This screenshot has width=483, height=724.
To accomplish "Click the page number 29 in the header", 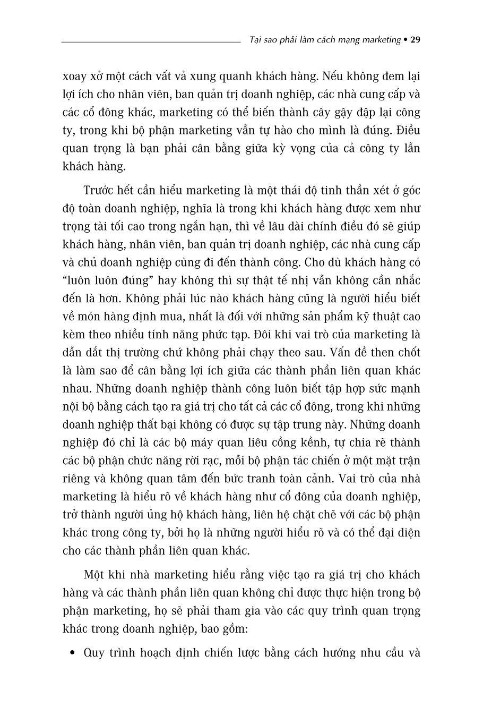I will pos(416,40).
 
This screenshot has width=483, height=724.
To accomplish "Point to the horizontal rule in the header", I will pos(151,41).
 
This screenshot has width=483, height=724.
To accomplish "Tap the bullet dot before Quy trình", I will pos(72,653).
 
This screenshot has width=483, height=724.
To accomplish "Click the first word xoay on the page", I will pos(74,76).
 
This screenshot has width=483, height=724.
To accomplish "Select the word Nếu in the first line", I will pos(333,76).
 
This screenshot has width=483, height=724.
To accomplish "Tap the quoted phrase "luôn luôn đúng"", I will pos(98,280).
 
